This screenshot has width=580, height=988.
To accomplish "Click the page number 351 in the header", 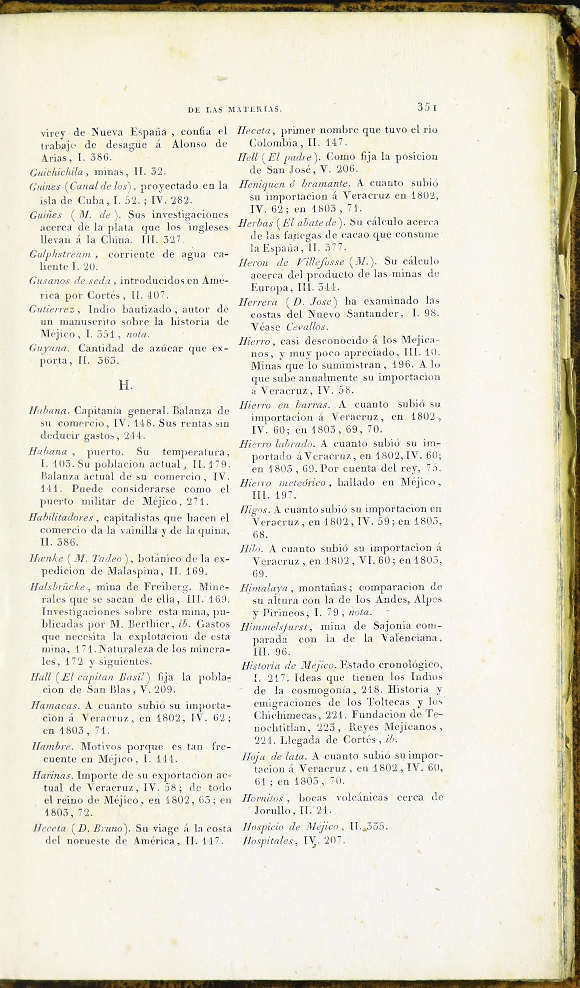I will (x=426, y=107).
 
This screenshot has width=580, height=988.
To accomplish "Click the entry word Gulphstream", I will (x=60, y=254).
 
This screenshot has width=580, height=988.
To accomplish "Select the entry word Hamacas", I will (x=55, y=706).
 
